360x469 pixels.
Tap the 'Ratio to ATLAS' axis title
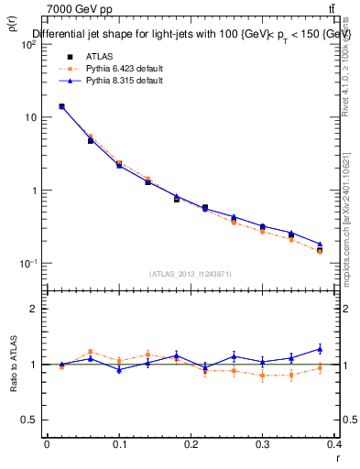pos(12,392)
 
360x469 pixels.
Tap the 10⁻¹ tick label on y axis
pos(27,264)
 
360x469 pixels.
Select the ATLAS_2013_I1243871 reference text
pos(190,274)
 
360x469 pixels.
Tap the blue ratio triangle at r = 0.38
pos(320,348)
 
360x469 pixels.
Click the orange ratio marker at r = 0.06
pos(90,352)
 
